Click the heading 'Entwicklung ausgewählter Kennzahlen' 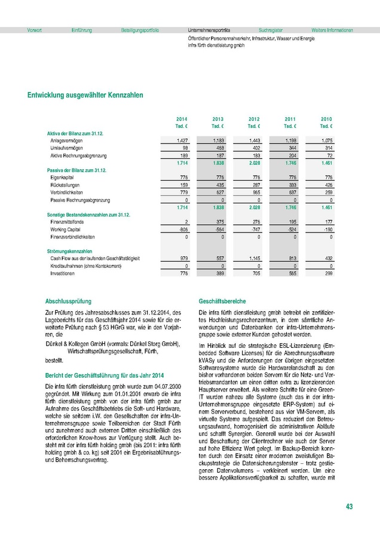pyautogui.click(x=85, y=95)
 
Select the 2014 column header pyautogui.click(x=182, y=119)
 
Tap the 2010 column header pyautogui.click(x=326, y=119)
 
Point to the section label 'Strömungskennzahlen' pyautogui.click(x=69, y=250)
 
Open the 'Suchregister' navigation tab pyautogui.click(x=271, y=30)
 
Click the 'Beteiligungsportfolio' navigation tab pyautogui.click(x=140, y=30)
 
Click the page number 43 pyautogui.click(x=349, y=507)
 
